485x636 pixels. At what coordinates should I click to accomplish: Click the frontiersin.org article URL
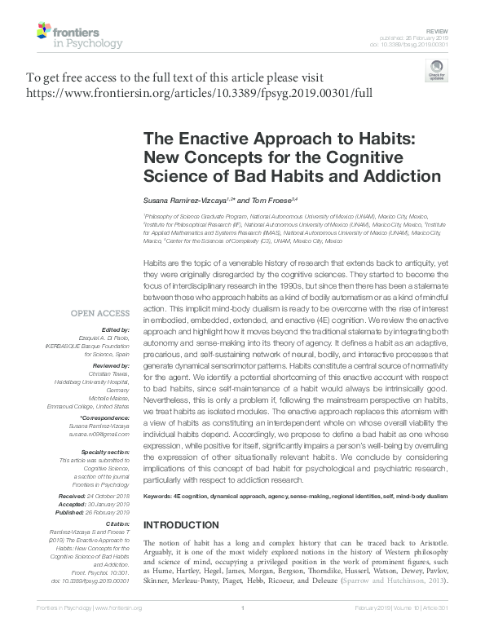click(x=199, y=93)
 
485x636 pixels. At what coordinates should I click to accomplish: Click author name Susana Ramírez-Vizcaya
click(x=184, y=200)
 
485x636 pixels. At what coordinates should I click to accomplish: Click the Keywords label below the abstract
click(x=161, y=496)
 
